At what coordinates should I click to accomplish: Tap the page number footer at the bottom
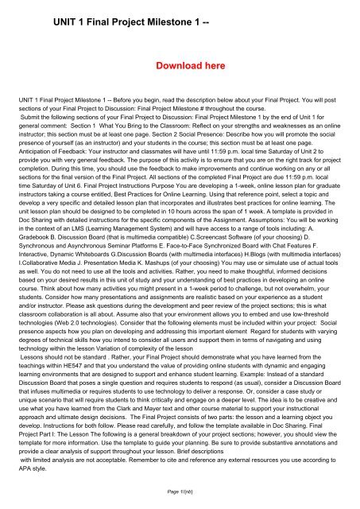pos(180,495)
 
